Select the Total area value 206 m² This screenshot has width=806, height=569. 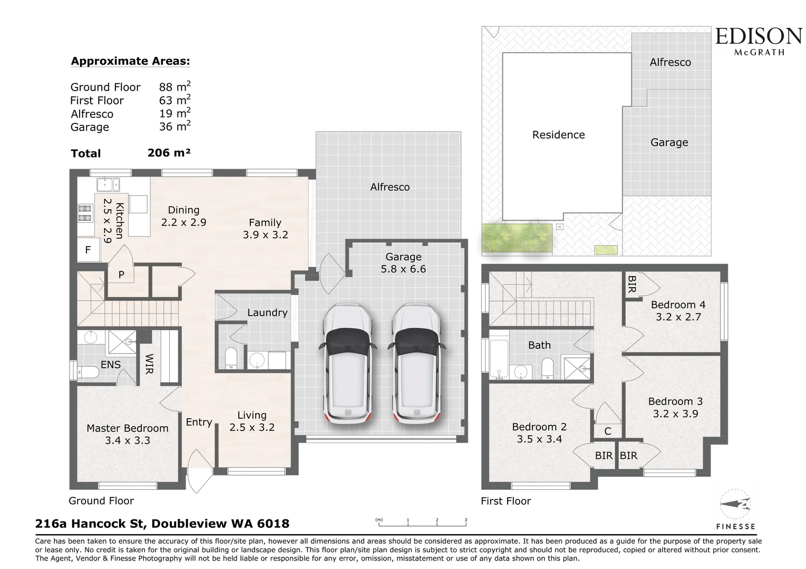[x=169, y=153]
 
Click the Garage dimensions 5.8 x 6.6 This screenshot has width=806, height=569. [x=403, y=269]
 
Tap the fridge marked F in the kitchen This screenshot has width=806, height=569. [x=88, y=250]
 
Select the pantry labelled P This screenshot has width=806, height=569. [x=121, y=274]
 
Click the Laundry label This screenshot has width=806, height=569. [x=267, y=312]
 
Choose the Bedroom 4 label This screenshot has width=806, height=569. [x=678, y=305]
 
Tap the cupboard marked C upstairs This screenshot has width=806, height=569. [x=607, y=431]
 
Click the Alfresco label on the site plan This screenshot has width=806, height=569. [x=670, y=62]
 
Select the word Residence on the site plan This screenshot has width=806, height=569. [x=558, y=135]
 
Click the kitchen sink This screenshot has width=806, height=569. [x=108, y=184]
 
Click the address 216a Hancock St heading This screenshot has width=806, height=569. [x=162, y=524]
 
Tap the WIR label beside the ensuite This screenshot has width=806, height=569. [x=149, y=364]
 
